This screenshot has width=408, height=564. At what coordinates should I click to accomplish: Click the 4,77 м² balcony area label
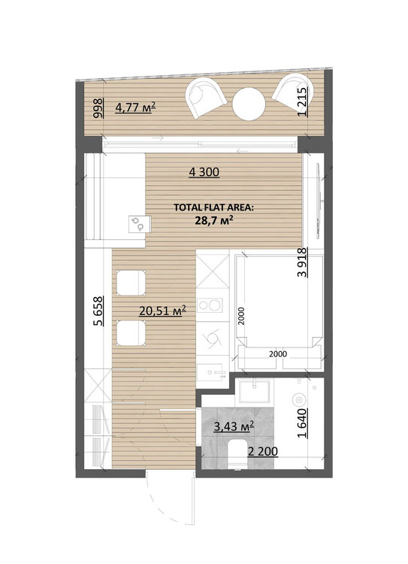point(135,108)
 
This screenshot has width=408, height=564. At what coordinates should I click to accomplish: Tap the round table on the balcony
point(249,104)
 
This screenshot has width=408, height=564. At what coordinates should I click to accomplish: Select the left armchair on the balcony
point(205,98)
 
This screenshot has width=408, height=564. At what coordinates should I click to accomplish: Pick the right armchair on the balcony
point(293,91)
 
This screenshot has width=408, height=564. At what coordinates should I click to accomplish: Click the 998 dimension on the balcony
point(98,108)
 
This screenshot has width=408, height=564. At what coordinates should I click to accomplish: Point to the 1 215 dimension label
point(303,102)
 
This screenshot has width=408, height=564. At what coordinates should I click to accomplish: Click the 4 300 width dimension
point(204,172)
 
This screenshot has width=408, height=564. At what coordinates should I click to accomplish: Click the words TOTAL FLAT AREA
point(213,208)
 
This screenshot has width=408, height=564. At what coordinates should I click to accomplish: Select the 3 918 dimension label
point(303,262)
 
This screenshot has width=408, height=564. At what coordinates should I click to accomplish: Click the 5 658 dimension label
point(98,311)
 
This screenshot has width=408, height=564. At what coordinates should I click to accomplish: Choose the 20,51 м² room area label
point(162,311)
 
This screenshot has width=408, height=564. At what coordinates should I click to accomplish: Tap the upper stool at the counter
point(131,283)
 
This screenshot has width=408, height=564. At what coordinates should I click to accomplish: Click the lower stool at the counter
point(131,333)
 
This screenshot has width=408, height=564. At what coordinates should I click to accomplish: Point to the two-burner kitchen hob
point(210,305)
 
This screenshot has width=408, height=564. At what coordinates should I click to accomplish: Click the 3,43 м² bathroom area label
point(234,426)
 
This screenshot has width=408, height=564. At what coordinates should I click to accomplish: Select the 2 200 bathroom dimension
point(263,451)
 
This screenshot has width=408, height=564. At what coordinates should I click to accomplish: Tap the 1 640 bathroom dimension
point(303,423)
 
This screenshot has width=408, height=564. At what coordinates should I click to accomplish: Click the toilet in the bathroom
point(237,454)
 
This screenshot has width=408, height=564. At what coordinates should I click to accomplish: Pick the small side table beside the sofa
point(140,224)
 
